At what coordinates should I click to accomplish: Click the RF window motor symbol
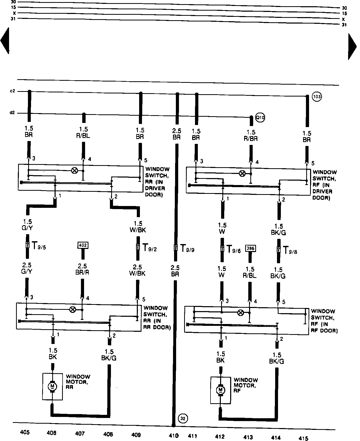point(221,390)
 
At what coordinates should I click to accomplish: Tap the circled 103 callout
point(317,97)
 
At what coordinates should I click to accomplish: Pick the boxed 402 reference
point(83,245)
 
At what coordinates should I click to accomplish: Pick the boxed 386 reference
point(250,248)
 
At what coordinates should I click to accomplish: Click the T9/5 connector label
point(38,246)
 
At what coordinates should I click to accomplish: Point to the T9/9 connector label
point(187,249)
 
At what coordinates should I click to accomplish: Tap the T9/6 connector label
point(233,249)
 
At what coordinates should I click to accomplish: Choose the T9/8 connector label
point(290,251)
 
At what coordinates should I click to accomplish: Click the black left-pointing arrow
point(5,41)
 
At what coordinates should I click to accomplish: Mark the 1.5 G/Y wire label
point(28,225)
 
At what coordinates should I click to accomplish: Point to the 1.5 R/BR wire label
point(251,136)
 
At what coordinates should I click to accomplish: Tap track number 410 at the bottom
point(174,436)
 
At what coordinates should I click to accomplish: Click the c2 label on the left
point(12,91)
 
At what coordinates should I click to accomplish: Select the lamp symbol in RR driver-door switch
point(74,170)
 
